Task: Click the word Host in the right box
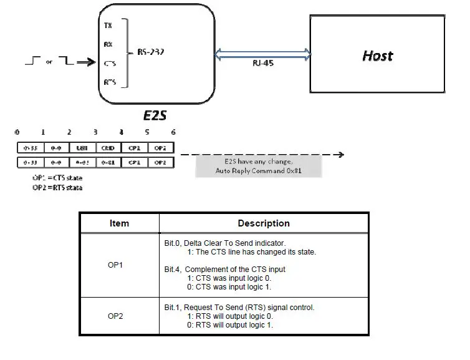(x=377, y=56)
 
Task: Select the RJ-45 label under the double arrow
(x=262, y=63)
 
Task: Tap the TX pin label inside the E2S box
(x=108, y=26)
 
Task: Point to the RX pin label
(x=108, y=44)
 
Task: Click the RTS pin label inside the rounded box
(x=109, y=81)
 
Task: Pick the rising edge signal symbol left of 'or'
(x=32, y=61)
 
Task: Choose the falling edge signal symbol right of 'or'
(x=65, y=61)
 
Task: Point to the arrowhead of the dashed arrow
(x=339, y=155)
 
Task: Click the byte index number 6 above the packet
(x=173, y=132)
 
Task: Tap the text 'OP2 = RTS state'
(x=57, y=187)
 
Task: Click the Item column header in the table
(x=118, y=223)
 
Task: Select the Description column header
(x=263, y=223)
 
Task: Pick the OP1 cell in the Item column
(x=115, y=265)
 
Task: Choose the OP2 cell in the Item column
(x=115, y=316)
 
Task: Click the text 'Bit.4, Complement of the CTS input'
(x=225, y=270)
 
